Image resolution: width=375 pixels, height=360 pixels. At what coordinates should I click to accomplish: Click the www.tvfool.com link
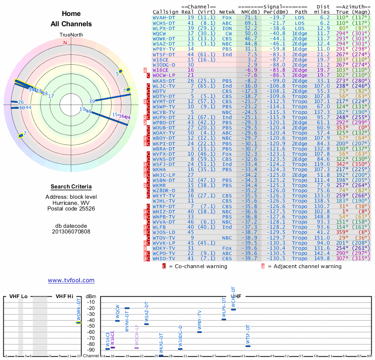pyautogui.click(x=71, y=280)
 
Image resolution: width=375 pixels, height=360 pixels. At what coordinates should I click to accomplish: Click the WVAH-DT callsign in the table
pyautogui.click(x=164, y=17)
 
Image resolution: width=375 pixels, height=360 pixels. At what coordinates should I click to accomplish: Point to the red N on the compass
pyautogui.click(x=65, y=43)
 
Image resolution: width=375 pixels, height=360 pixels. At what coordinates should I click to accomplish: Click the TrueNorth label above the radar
pyautogui.click(x=71, y=35)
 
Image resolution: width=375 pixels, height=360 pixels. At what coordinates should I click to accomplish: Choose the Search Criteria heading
pyautogui.click(x=71, y=187)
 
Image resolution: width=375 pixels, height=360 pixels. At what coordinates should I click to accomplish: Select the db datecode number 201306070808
pyautogui.click(x=71, y=231)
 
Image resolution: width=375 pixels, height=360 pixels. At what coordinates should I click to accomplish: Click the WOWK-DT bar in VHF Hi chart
pyautogui.click(x=79, y=322)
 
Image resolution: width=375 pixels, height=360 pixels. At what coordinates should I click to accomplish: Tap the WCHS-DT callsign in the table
pyautogui.click(x=164, y=22)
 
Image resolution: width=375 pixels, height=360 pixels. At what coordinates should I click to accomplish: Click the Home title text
pyautogui.click(x=71, y=14)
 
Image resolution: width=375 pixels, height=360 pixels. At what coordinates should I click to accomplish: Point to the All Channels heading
pyautogui.click(x=71, y=24)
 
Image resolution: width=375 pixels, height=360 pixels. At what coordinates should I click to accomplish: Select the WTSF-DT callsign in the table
pyautogui.click(x=164, y=54)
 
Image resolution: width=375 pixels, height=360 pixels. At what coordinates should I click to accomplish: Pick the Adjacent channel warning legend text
pyautogui.click(x=304, y=266)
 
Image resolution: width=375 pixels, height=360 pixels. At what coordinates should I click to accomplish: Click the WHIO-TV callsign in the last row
pyautogui.click(x=164, y=259)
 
